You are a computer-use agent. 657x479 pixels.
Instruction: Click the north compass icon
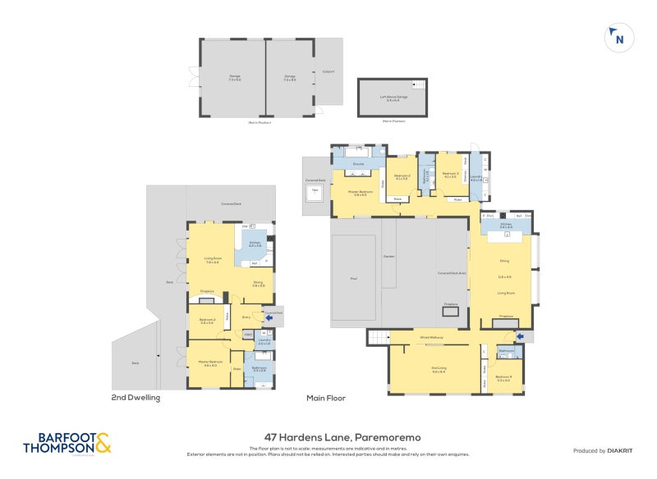pos(618,37)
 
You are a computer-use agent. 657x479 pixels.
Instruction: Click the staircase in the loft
pos(420,86)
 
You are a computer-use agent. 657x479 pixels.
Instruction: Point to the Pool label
pos(354,278)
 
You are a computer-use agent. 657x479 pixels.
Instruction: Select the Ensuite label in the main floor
pos(358,165)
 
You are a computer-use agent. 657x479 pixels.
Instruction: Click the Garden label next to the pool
pos(389,258)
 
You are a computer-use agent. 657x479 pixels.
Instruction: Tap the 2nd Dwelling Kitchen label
pos(255,244)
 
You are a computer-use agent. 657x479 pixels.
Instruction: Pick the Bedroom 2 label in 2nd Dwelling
pos(206,321)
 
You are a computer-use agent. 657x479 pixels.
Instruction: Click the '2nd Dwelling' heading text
pos(136,398)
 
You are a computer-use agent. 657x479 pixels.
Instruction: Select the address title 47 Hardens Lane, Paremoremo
pos(342,438)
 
